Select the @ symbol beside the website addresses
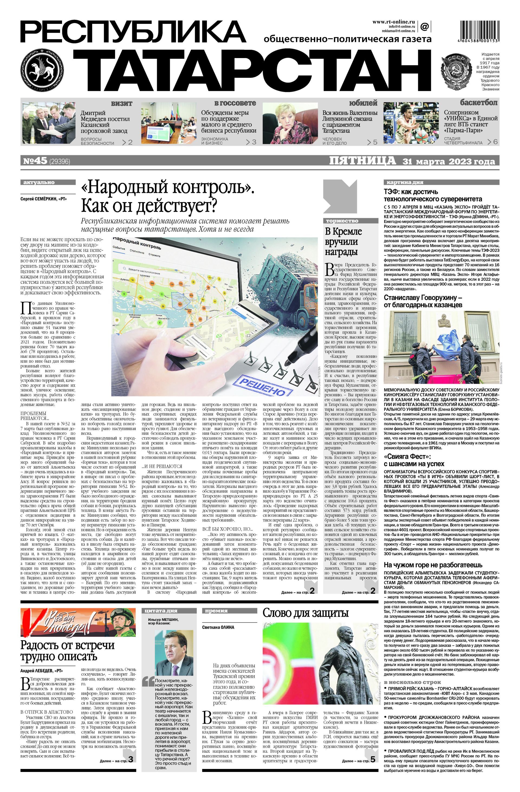tap(424, 26)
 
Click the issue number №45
tap(35, 161)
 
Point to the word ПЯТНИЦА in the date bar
tap(362, 161)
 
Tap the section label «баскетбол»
tap(479, 103)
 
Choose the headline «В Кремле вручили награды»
tap(343, 241)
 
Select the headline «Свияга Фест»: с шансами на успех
tap(419, 459)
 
